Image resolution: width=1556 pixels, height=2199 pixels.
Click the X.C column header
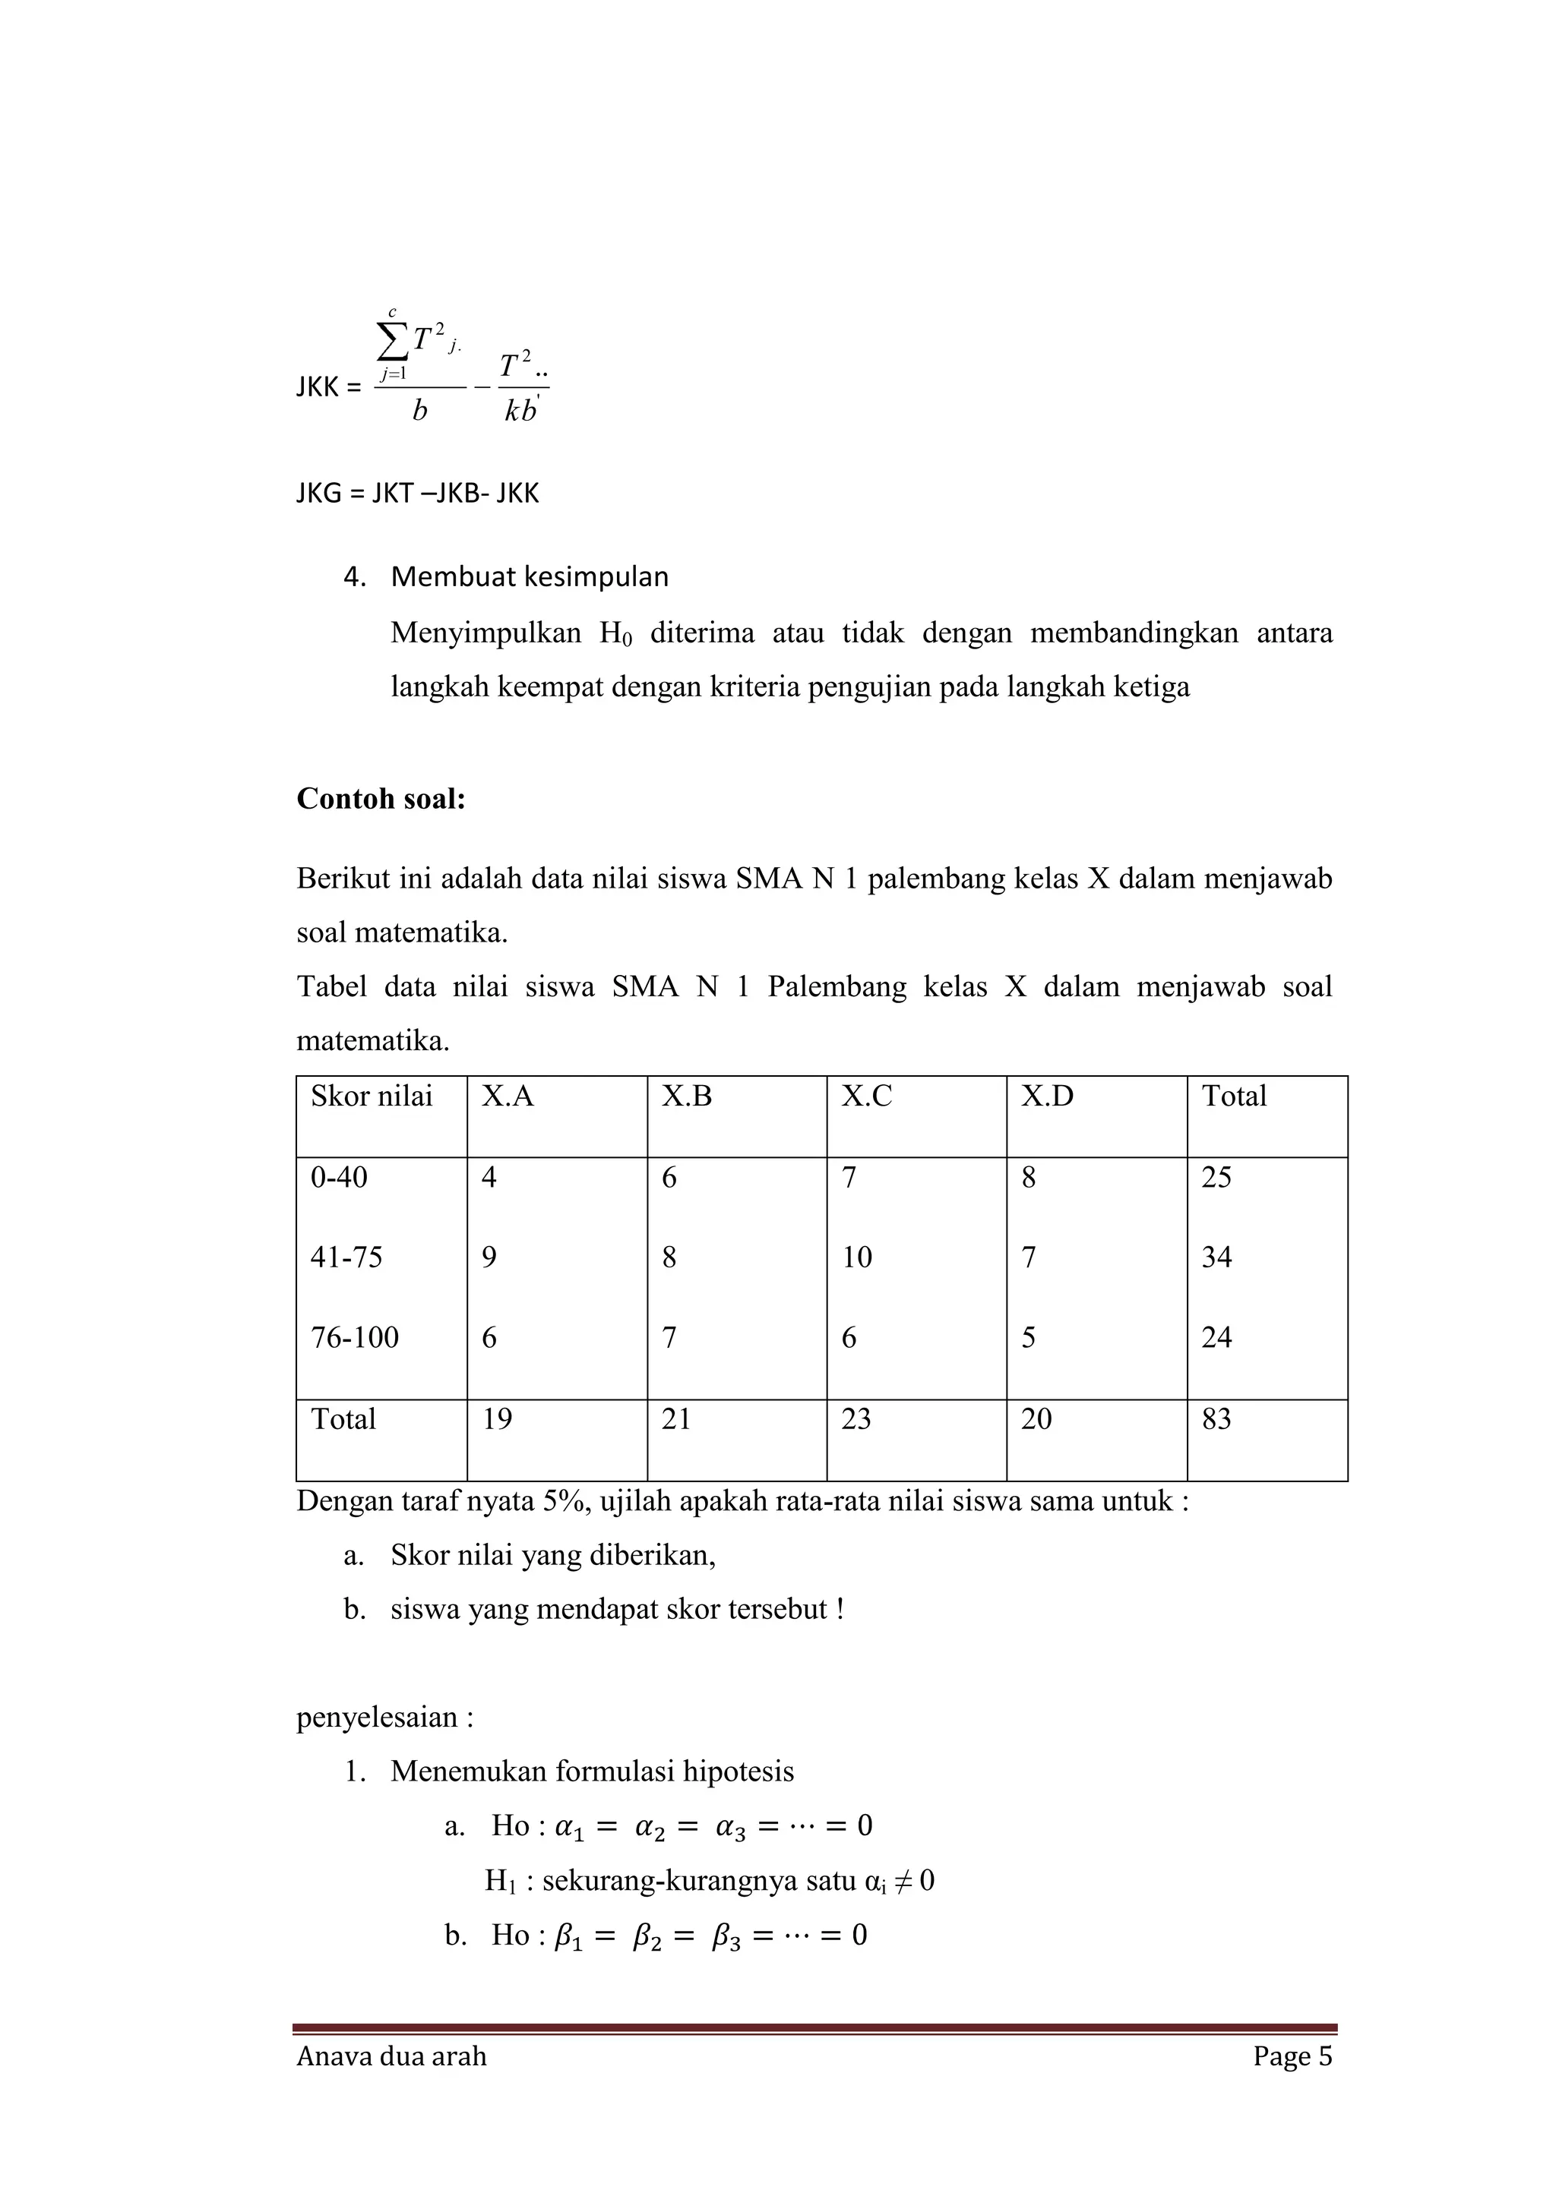[866, 1096]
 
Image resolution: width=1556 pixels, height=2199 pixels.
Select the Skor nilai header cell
[371, 1096]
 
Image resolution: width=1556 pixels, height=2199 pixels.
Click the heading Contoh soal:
[381, 799]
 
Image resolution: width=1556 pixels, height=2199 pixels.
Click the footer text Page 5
[1292, 2056]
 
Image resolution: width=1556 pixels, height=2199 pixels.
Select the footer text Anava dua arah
[391, 2056]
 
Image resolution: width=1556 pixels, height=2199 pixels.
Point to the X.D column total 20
[1036, 1419]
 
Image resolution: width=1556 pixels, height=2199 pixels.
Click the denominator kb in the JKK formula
[520, 412]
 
